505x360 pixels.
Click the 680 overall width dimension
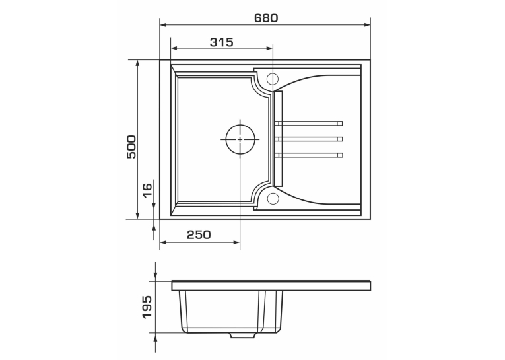coord(266,18)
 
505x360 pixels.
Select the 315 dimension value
coord(221,42)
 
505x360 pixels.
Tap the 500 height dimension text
coord(131,147)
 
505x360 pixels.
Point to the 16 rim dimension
coord(147,190)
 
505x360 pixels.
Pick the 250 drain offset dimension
coord(199,234)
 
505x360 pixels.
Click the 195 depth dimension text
coord(147,306)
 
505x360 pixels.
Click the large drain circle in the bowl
coord(240,139)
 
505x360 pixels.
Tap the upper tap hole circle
coord(273,79)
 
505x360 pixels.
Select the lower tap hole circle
coord(273,199)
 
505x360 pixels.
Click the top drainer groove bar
coord(309,123)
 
